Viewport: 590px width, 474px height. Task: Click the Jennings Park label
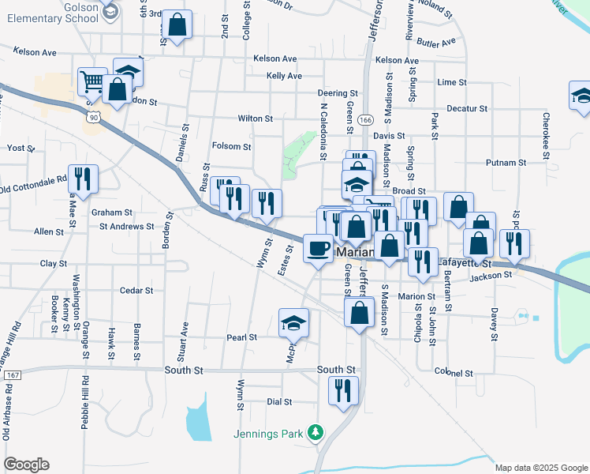(x=269, y=433)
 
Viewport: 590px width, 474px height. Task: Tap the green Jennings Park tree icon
(x=316, y=432)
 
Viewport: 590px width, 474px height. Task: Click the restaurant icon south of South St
(x=344, y=390)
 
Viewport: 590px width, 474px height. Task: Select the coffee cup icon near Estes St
(x=318, y=248)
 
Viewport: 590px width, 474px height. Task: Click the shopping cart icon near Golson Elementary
(x=92, y=81)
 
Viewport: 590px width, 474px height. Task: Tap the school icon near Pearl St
(x=294, y=322)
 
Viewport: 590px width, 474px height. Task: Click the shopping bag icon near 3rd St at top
(x=177, y=24)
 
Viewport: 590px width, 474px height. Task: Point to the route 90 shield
(x=94, y=117)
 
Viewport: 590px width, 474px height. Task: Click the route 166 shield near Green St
(x=364, y=120)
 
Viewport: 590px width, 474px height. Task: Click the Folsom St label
(x=231, y=146)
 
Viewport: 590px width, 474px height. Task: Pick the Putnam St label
(x=506, y=163)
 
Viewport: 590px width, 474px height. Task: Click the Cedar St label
(x=136, y=291)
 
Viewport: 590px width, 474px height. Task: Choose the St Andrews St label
(x=126, y=226)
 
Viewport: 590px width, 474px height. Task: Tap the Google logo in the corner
(x=26, y=464)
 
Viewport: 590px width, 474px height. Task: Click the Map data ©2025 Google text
(x=540, y=468)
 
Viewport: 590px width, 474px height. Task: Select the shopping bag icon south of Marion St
(x=360, y=312)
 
